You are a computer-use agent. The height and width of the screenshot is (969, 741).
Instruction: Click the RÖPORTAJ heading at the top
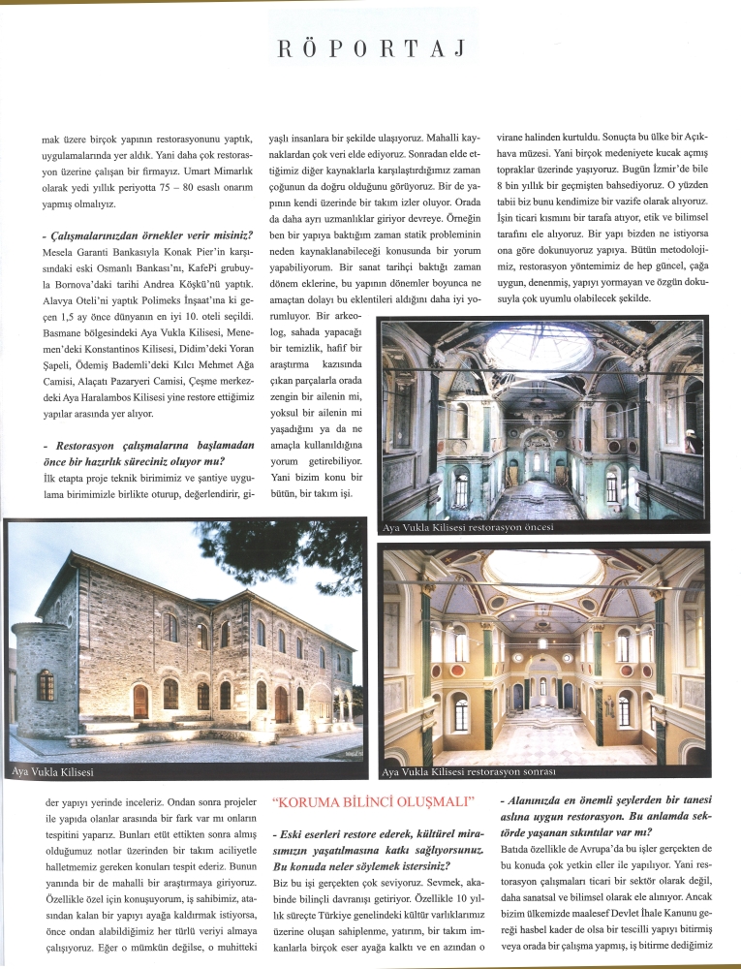pyautogui.click(x=371, y=47)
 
